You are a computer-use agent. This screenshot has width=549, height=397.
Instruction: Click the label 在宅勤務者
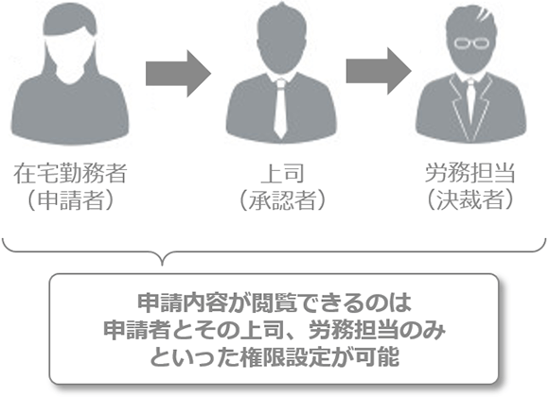70,173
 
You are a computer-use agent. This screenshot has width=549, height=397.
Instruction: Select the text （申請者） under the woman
70,199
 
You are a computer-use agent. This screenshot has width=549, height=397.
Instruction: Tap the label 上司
282,174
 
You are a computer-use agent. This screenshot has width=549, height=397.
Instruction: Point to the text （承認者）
282,199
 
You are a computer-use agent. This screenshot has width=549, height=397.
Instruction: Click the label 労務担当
470,173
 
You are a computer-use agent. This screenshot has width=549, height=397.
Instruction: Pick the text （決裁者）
470,199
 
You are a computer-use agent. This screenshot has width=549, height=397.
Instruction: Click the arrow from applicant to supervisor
179,74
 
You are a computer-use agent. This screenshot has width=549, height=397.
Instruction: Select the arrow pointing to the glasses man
379,71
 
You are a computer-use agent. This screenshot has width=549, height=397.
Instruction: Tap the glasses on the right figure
471,43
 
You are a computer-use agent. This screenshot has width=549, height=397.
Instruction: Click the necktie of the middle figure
280,109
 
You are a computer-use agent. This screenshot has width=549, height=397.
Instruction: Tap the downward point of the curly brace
162,265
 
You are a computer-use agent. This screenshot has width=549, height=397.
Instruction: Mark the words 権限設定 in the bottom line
285,357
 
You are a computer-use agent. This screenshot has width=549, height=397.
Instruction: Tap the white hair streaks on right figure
484,15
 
